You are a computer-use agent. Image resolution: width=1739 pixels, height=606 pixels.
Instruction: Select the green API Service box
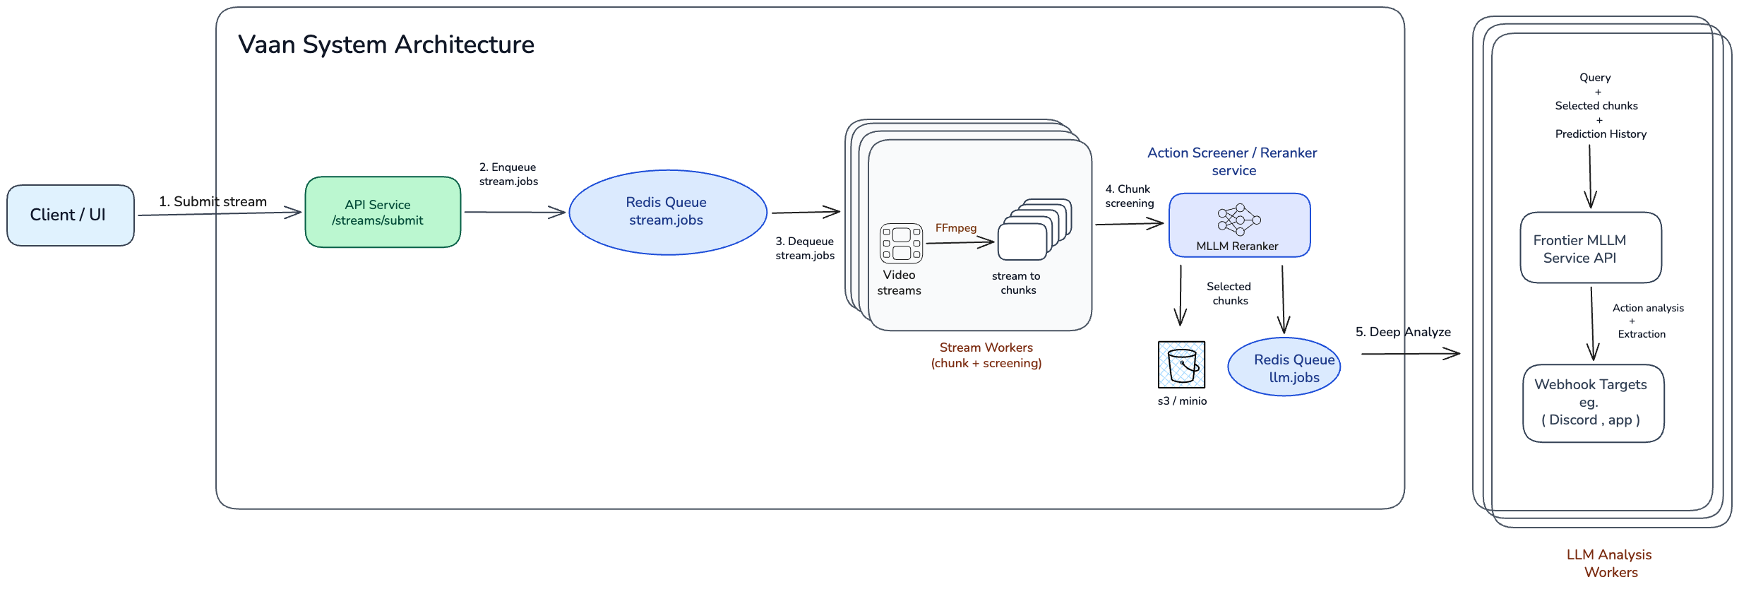tap(383, 212)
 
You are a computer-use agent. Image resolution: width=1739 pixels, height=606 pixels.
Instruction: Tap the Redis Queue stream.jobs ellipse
tap(667, 212)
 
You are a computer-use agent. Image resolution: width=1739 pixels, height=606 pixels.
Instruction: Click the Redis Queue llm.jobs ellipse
tap(1284, 367)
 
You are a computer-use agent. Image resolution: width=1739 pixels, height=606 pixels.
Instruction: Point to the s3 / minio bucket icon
tap(1181, 365)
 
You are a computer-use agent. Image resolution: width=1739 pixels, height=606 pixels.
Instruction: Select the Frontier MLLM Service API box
tap(1590, 248)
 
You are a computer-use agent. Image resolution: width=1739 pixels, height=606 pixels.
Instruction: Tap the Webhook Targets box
tap(1593, 403)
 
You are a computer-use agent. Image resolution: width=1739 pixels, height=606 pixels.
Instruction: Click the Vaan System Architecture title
tap(386, 45)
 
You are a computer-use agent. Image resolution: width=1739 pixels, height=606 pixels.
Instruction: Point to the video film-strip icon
tap(901, 243)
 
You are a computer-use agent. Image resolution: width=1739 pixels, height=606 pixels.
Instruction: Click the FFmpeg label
tap(955, 228)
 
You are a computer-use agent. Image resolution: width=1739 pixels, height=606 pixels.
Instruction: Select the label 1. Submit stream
tap(213, 202)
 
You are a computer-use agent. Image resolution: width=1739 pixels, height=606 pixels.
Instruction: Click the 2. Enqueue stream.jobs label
tap(508, 174)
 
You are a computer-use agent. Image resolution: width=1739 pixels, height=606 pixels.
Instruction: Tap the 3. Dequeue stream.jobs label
tap(805, 249)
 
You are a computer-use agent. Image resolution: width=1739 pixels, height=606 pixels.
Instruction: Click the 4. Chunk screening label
tap(1129, 196)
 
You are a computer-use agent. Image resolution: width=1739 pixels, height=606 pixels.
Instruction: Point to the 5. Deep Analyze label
tap(1402, 332)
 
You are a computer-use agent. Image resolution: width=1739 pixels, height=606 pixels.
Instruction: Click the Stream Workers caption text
tap(986, 355)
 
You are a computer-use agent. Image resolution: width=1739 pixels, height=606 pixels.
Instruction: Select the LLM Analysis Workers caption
tap(1609, 563)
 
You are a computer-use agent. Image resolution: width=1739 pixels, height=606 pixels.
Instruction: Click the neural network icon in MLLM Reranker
tap(1238, 220)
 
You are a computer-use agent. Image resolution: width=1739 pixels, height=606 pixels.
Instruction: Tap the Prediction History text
tap(1600, 134)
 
